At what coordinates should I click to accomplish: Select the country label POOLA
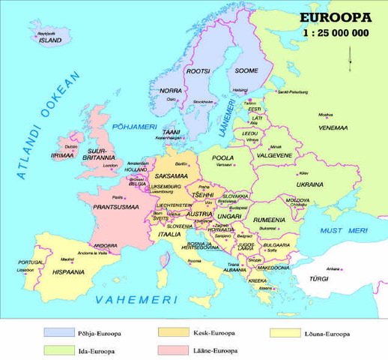coord(223,158)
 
